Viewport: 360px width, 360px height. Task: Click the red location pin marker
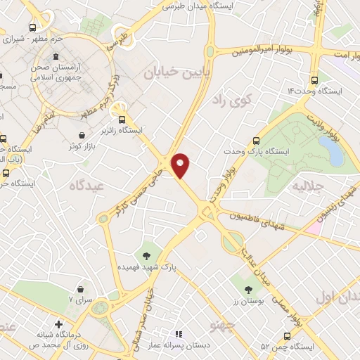pos(181,165)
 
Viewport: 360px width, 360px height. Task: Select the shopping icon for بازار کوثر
pos(83,134)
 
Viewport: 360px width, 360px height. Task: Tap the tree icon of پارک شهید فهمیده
pos(147,255)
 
